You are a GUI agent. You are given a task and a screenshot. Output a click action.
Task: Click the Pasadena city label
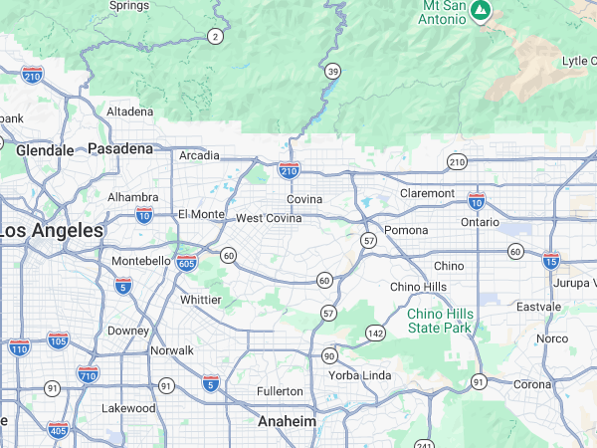pos(120,148)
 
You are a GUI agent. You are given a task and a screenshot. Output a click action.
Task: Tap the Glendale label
pos(45,150)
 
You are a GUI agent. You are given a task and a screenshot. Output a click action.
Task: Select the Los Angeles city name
pos(52,230)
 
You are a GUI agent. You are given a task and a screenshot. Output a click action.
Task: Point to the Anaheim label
pos(287,421)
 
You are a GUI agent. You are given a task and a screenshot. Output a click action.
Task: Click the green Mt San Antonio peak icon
pos(482,10)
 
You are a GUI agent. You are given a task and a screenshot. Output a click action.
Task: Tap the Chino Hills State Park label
pos(440,321)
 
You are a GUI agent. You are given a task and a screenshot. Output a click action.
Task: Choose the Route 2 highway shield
pos(215,37)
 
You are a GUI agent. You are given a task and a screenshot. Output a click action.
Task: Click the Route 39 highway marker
pos(332,71)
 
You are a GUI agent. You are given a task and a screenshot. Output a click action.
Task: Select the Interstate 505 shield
pos(186,262)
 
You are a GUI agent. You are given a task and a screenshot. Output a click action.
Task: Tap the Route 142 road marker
pos(375,333)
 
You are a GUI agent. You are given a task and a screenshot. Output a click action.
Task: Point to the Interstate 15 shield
pos(550,261)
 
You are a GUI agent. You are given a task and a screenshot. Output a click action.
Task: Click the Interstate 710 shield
pos(88,374)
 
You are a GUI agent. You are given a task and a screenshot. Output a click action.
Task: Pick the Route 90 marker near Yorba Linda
pos(329,355)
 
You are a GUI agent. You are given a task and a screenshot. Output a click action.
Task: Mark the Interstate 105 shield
pos(58,341)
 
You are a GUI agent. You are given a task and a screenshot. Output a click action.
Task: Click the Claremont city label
pos(427,193)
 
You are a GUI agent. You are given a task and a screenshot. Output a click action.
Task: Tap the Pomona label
pos(406,231)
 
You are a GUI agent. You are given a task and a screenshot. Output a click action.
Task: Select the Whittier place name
pos(201,300)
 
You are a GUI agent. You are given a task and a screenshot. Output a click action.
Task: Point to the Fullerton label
pos(280,391)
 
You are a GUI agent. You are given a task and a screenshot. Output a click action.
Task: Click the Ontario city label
pos(480,223)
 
